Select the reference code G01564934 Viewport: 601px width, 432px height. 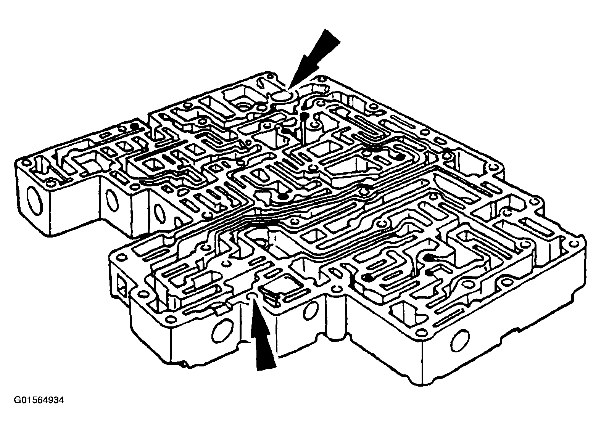39,400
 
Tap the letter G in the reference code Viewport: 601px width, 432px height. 17,400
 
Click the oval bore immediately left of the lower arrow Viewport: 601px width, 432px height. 222,329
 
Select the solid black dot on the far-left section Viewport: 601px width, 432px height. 134,125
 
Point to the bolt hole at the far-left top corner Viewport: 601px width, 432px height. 27,162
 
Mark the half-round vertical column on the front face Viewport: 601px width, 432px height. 336,313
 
